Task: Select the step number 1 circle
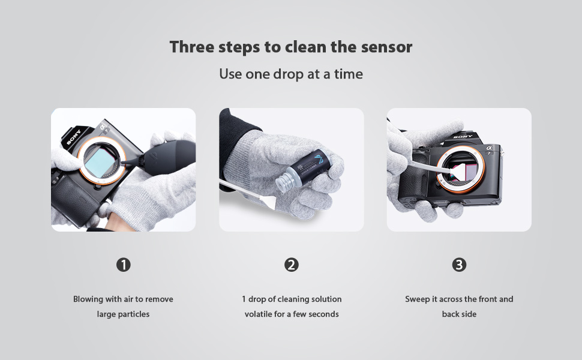click(x=124, y=265)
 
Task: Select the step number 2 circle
click(x=292, y=265)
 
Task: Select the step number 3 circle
click(x=459, y=265)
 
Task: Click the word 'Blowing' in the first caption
click(x=89, y=299)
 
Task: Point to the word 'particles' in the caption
click(x=133, y=314)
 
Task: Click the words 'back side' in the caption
click(x=459, y=314)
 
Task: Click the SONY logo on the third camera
click(x=462, y=137)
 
